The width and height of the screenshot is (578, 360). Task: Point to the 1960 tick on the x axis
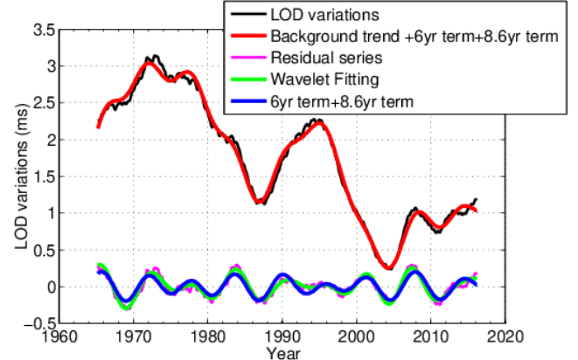(59, 336)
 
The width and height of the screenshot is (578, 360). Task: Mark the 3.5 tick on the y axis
(45, 29)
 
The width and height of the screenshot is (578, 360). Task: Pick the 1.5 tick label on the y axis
(45, 177)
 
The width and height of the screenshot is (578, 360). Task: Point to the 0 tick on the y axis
(50, 287)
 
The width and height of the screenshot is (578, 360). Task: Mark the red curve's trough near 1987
(259, 202)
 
